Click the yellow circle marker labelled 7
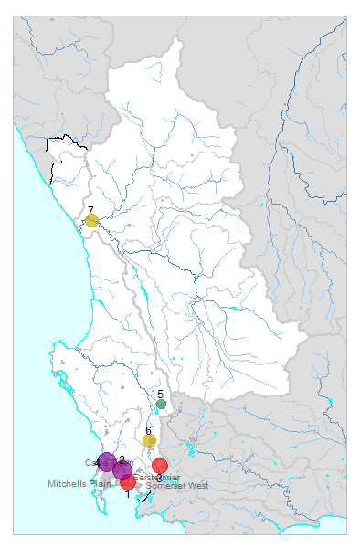tap(92, 220)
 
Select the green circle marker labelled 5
tap(161, 404)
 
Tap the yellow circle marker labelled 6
tap(149, 441)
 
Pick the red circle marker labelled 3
tap(160, 466)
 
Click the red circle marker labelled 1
tap(128, 481)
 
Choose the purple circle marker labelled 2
tap(122, 470)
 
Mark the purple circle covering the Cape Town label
tap(107, 462)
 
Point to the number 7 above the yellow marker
tap(90, 210)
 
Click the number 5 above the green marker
tap(160, 394)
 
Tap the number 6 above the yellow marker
tap(148, 430)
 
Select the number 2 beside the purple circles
tap(122, 459)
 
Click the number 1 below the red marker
tap(128, 493)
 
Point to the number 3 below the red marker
tap(160, 478)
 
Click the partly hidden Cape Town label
tap(90, 462)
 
